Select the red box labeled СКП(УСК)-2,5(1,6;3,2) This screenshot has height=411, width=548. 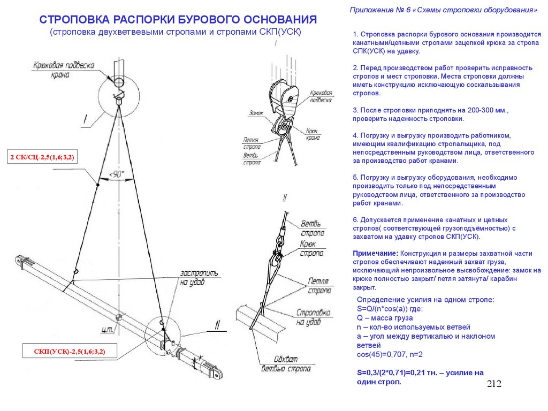click(x=70, y=352)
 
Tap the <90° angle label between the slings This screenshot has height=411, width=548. click(x=116, y=174)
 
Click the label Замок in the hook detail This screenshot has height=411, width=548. click(x=256, y=113)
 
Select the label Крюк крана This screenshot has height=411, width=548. click(x=314, y=134)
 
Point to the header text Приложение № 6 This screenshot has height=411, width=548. click(x=380, y=10)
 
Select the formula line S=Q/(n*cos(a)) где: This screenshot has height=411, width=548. click(x=390, y=309)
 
